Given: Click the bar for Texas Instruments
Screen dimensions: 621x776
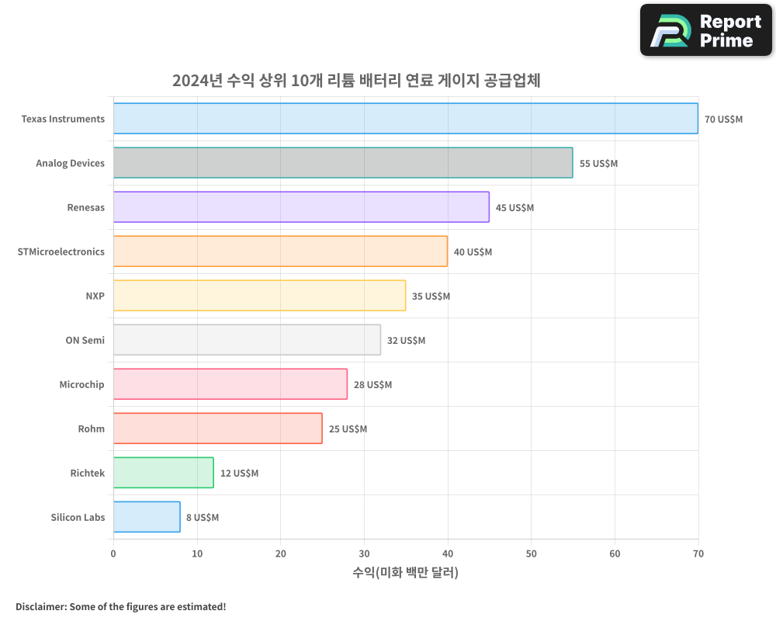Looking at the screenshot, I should [x=405, y=119].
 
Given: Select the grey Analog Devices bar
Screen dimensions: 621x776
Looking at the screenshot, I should [x=343, y=163].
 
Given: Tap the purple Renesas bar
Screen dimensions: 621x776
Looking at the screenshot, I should [x=301, y=207].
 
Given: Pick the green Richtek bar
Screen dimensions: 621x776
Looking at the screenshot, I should [x=163, y=473].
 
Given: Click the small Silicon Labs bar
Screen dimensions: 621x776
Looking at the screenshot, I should [x=147, y=517].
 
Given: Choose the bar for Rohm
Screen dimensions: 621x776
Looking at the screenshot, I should [x=217, y=428].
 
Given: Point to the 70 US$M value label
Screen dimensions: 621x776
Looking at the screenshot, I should [x=723, y=120].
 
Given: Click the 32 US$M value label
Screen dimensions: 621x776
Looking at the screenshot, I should [x=406, y=341].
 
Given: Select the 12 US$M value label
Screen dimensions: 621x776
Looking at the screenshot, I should [x=239, y=474].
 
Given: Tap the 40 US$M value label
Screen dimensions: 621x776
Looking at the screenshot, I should [x=473, y=252].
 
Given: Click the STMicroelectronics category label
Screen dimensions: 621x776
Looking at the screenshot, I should [x=61, y=252].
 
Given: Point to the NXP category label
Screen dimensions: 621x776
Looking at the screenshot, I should [x=95, y=296].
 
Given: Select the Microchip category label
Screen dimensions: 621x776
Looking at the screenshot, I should [x=81, y=384].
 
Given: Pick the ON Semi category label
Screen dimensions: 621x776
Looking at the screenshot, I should [x=85, y=340].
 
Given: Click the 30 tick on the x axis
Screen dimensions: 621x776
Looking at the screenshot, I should [x=364, y=553].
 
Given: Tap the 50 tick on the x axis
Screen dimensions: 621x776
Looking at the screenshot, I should [x=531, y=553].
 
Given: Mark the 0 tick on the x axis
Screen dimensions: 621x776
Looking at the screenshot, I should [x=113, y=553].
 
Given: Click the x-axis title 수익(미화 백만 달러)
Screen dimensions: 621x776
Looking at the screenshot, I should [x=405, y=573].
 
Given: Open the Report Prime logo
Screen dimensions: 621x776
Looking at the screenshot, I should [x=705, y=30].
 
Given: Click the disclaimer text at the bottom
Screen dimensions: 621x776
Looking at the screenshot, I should [x=120, y=606].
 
